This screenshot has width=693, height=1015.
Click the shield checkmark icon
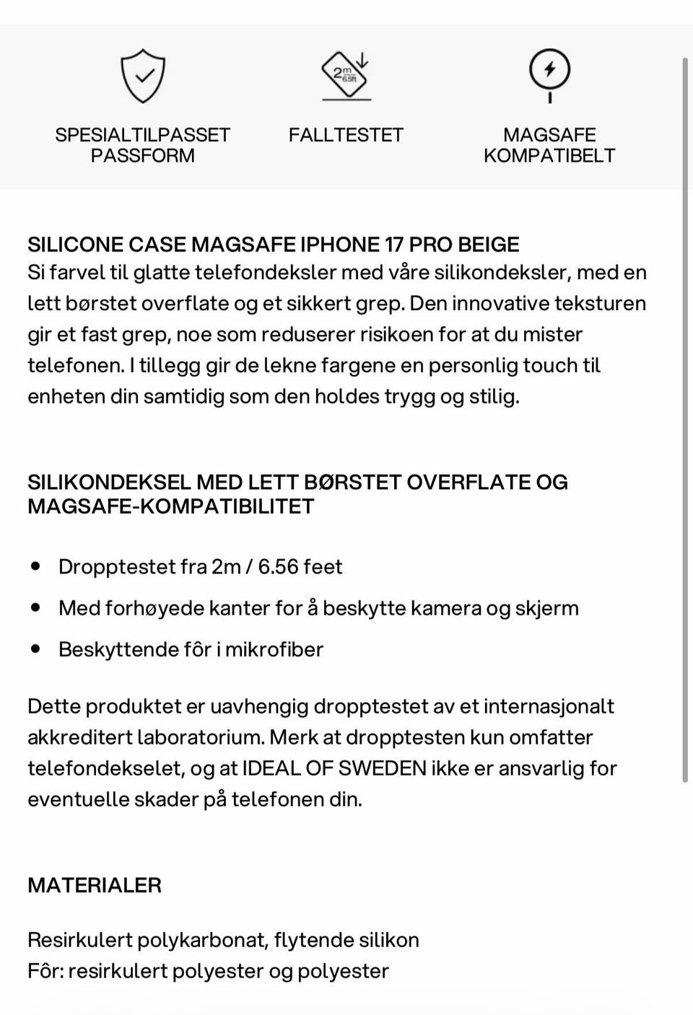[x=143, y=76]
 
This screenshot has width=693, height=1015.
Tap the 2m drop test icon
[x=346, y=75]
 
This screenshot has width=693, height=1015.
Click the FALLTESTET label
[x=346, y=135]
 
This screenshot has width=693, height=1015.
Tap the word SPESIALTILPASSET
[x=142, y=135]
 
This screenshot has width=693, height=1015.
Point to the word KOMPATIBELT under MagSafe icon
[x=549, y=156]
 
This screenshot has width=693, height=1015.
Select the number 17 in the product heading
[x=393, y=245]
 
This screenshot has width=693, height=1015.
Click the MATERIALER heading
[x=95, y=885]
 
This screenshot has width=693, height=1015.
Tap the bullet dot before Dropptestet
[x=35, y=566]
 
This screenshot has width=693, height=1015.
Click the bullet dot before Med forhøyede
[x=35, y=607]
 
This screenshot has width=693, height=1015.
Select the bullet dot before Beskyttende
[x=35, y=649]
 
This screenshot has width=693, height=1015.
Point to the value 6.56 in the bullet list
[x=278, y=567]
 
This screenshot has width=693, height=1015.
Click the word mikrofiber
[x=274, y=649]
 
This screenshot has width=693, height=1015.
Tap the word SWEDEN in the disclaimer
[x=383, y=768]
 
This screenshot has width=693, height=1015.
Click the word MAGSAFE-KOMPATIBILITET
[x=171, y=506]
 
